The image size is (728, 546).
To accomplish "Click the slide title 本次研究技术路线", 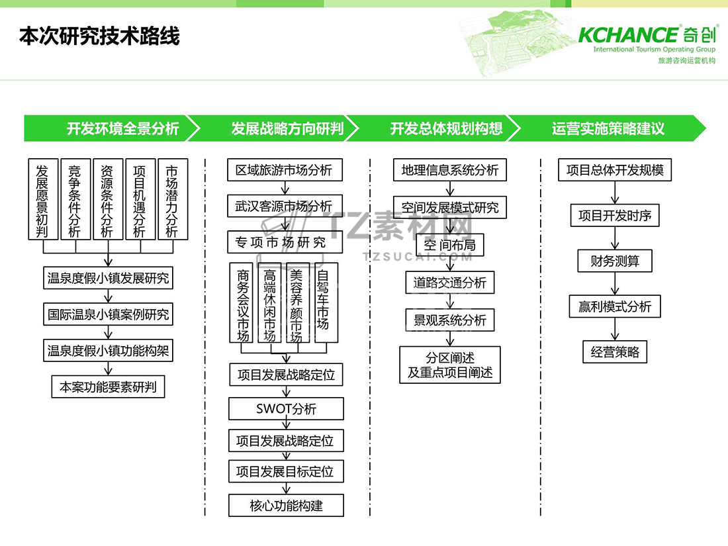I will click(x=99, y=36).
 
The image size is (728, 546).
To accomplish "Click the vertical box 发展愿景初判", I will click(x=43, y=199).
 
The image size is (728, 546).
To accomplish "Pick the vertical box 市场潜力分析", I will click(x=173, y=199).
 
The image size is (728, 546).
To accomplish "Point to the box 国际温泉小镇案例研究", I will click(x=108, y=314).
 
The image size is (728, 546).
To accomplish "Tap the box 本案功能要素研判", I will click(x=108, y=387).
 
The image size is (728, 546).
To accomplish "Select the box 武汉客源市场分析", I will click(x=285, y=206).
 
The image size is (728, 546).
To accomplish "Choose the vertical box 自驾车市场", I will click(x=325, y=303).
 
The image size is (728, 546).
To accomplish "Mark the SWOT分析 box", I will click(x=287, y=408).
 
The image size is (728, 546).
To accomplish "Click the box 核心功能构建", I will click(x=287, y=506).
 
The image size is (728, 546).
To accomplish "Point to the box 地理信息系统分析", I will click(x=450, y=170).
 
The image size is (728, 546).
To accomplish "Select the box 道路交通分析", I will click(x=450, y=283).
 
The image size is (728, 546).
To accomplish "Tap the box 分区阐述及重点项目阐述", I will click(x=450, y=365).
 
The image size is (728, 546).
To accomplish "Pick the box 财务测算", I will click(x=615, y=261).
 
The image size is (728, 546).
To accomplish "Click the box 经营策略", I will click(x=615, y=352).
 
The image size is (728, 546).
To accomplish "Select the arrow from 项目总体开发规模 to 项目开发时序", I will click(x=615, y=193).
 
